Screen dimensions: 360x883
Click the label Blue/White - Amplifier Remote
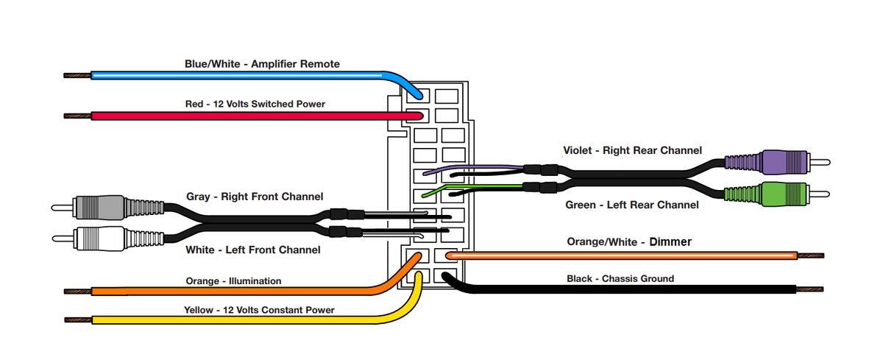(262, 64)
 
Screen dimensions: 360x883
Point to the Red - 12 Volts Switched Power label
(255, 104)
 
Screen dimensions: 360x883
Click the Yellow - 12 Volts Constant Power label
(259, 310)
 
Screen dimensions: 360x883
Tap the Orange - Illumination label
(233, 280)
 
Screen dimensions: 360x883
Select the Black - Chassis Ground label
(620, 278)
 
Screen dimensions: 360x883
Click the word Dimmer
(671, 241)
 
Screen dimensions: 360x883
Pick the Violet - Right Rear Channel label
(632, 150)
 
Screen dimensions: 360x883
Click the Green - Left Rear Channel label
(631, 205)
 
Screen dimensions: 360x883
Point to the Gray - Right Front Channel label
(255, 197)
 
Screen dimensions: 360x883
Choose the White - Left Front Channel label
(252, 250)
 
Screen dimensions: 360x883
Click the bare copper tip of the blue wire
(77, 75)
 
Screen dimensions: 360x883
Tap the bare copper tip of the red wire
(77, 116)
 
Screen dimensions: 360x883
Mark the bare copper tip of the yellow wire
(77, 320)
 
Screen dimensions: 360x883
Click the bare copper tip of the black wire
(809, 289)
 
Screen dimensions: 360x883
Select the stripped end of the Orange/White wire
(809, 256)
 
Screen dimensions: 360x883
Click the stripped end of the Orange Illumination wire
(77, 292)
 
